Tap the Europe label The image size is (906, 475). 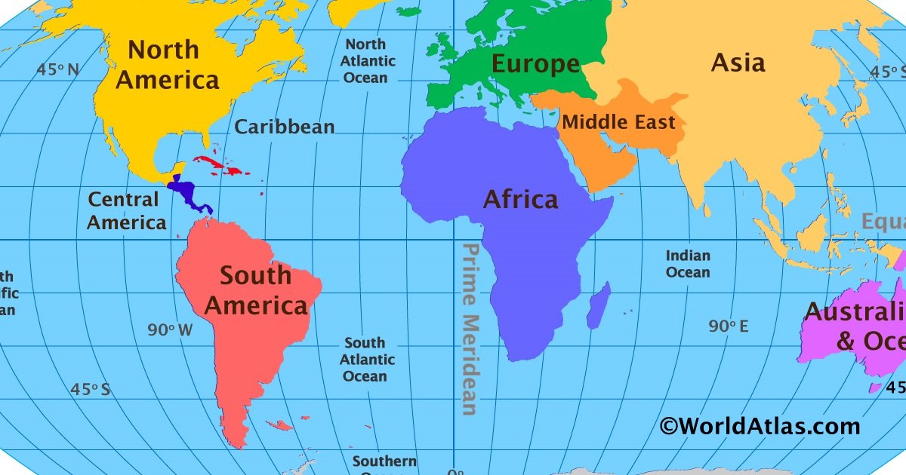click(535, 64)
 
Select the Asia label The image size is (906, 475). click(738, 63)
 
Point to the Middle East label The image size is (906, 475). click(618, 121)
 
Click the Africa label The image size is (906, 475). click(520, 200)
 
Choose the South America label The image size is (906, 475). click(256, 291)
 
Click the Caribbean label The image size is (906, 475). click(284, 127)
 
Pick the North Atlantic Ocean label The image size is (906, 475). click(365, 61)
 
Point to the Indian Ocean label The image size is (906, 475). click(687, 264)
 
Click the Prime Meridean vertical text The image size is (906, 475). click(470, 329)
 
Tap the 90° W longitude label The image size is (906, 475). click(170, 329)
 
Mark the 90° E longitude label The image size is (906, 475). click(729, 326)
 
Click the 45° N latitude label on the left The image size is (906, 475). click(58, 70)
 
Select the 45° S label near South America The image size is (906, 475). click(90, 390)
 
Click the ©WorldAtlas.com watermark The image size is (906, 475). click(760, 426)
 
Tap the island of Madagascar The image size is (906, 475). click(598, 305)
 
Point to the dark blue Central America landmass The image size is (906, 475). click(185, 193)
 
